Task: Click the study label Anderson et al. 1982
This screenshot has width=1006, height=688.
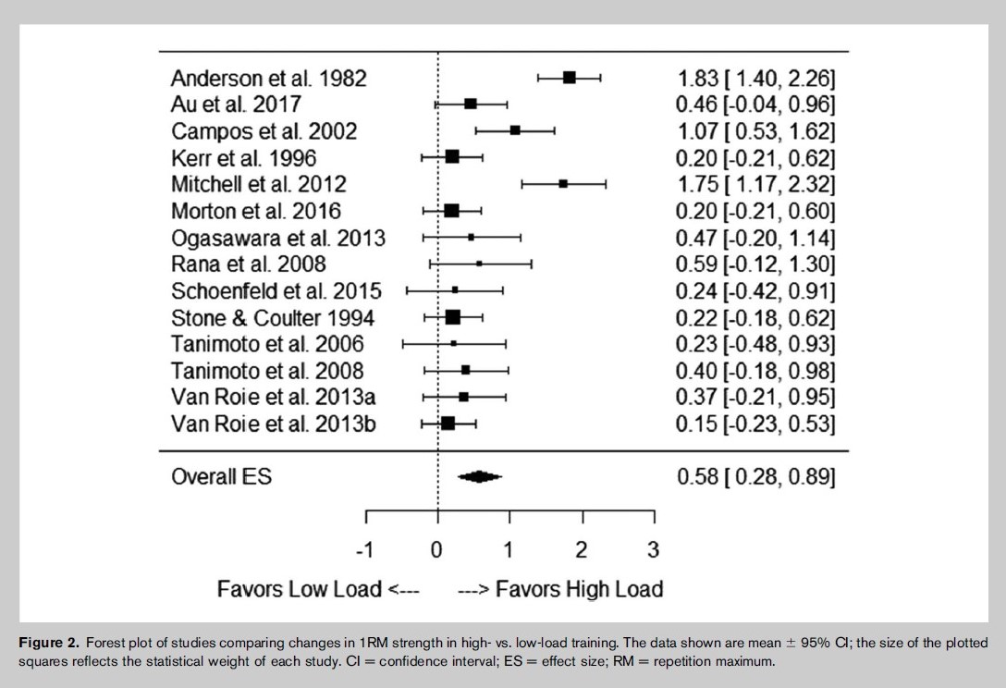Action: [x=268, y=79]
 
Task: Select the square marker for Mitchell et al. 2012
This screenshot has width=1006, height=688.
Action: [x=563, y=184]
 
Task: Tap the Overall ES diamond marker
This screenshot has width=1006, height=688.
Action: [x=479, y=476]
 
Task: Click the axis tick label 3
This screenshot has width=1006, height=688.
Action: [x=653, y=549]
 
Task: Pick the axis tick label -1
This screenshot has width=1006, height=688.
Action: [x=364, y=549]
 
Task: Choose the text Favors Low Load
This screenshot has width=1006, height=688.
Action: [x=299, y=588]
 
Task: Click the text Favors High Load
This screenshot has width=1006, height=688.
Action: [x=580, y=588]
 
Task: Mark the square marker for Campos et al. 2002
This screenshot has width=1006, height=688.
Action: [x=514, y=131]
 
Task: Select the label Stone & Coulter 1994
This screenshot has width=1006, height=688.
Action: [x=273, y=318]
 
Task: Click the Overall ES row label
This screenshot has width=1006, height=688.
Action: [x=221, y=476]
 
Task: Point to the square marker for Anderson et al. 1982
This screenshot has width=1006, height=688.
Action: [x=569, y=79]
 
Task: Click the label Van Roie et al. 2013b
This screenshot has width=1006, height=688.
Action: [x=274, y=424]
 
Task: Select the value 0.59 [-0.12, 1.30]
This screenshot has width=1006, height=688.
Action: [x=755, y=264]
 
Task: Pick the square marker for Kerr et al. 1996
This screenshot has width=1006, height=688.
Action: [x=452, y=157]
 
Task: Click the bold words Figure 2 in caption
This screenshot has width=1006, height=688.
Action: [x=49, y=643]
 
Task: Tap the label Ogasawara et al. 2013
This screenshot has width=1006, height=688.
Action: [x=277, y=238]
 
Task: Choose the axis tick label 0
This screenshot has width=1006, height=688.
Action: [x=436, y=549]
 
